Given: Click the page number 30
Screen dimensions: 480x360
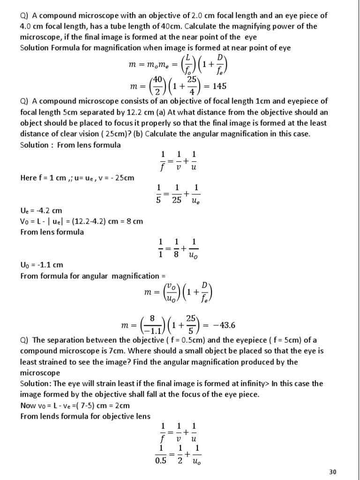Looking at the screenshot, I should pos(332,472).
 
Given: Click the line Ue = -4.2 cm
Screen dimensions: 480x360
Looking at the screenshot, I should pos(41,211).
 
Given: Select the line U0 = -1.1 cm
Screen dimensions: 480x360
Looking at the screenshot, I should pos(41,265).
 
